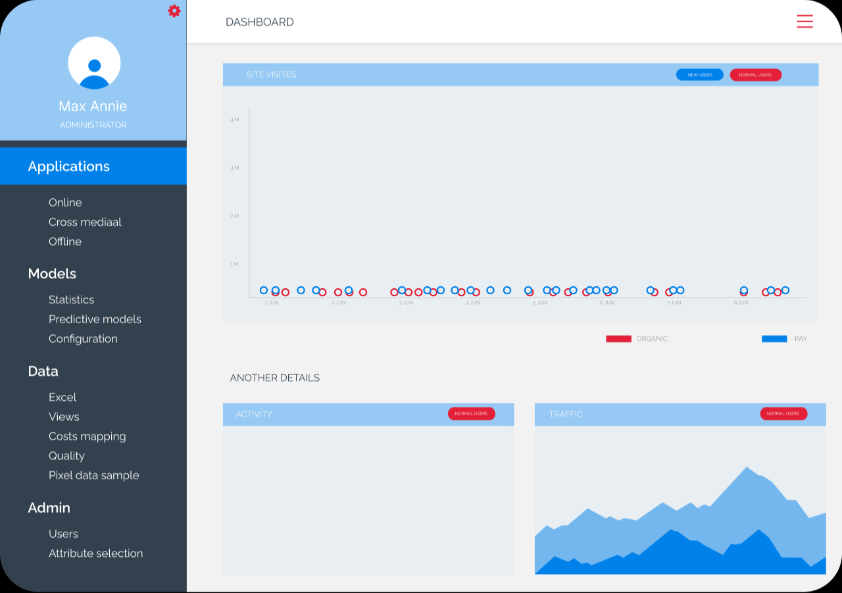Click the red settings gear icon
coord(174,11)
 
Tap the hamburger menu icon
coord(805,22)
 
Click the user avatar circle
coord(94,63)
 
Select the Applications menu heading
coord(69,167)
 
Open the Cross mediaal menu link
coord(85,222)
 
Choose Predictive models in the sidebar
coord(95,319)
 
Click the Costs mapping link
coord(87,436)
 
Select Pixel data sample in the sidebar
coord(93,475)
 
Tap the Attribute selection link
coord(95,554)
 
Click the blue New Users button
coord(699,75)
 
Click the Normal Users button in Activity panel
coord(471,413)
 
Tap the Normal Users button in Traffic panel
coord(783,413)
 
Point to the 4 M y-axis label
coord(234,120)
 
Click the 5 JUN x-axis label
coord(539,303)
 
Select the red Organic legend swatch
coord(618,339)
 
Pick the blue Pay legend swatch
coord(774,339)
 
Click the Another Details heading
coord(274,378)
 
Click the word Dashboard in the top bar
coord(259,22)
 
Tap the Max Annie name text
coord(93,106)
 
